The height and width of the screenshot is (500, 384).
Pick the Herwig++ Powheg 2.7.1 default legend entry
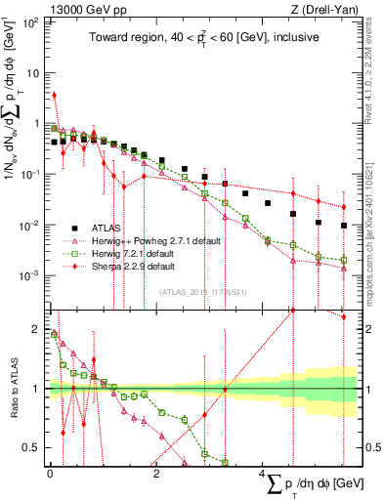click(x=147, y=240)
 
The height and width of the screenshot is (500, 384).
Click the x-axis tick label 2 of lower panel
click(x=157, y=474)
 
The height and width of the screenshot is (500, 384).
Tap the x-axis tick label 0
click(x=51, y=474)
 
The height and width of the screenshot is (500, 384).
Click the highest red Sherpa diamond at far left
click(x=54, y=96)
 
